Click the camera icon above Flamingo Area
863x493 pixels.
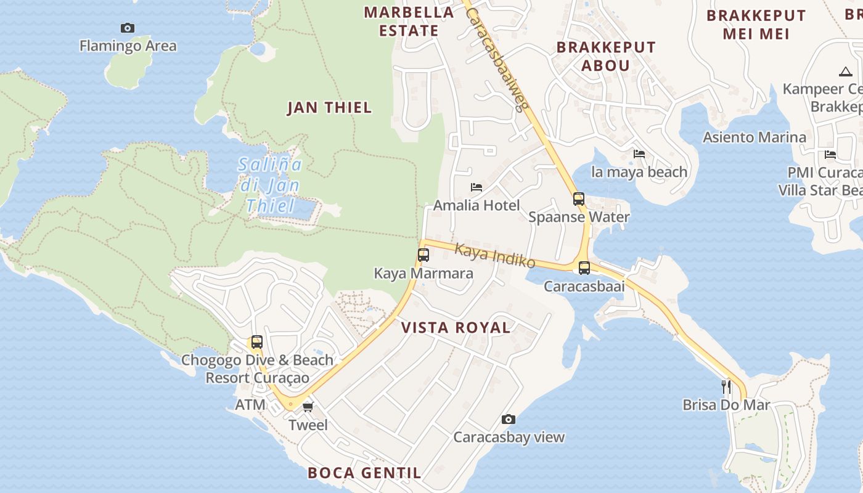point(128,28)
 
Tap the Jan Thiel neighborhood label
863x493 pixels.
point(330,108)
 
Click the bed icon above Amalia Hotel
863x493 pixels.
point(476,187)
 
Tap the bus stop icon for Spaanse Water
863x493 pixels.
point(579,198)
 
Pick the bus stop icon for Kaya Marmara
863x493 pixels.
point(423,255)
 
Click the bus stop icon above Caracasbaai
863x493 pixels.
point(584,267)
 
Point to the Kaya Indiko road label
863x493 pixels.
point(495,255)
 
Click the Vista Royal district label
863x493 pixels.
point(456,328)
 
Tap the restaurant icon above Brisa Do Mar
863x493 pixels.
point(726,386)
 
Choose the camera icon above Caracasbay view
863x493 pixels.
point(509,419)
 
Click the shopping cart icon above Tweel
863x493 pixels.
point(308,407)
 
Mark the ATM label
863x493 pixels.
point(250,405)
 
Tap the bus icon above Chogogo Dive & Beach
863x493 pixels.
point(257,341)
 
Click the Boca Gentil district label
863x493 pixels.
point(364,473)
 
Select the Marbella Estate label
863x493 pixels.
point(409,21)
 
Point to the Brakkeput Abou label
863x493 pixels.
point(606,56)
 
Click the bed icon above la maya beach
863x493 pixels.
point(639,153)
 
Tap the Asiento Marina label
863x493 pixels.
point(755,137)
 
